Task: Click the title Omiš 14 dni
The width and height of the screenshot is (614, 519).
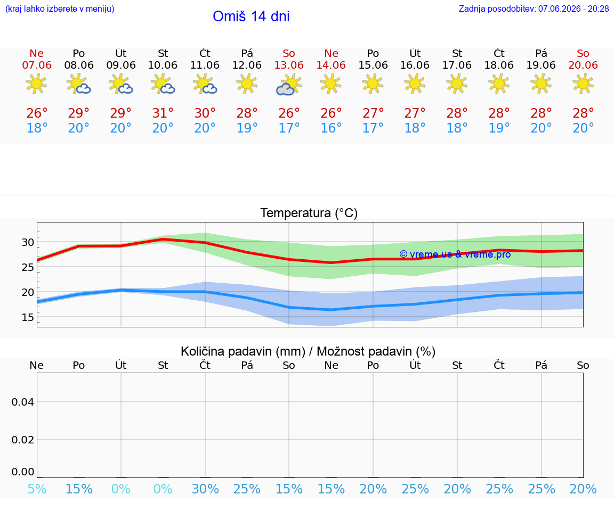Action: pos(251,17)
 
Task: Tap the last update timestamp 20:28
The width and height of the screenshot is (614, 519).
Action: pos(599,9)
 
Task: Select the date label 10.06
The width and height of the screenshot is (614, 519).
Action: pos(163,65)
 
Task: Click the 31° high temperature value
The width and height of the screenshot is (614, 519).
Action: pos(163,113)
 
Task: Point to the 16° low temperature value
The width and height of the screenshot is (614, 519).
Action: pos(332,128)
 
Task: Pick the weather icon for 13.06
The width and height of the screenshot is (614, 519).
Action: pos(289,85)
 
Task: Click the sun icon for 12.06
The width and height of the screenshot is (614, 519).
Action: pos(247,84)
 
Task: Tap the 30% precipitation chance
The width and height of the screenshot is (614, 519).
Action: pos(205,489)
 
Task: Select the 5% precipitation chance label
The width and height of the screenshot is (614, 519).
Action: pos(37,489)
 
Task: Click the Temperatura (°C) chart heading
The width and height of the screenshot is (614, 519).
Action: pos(309,213)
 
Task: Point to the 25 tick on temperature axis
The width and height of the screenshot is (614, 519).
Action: pos(28,267)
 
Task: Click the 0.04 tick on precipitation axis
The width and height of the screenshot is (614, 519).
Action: pos(23,402)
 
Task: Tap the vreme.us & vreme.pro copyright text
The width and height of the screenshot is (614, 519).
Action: pos(455,254)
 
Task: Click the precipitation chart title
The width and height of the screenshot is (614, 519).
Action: pos(308,351)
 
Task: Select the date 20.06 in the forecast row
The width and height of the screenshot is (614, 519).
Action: pos(583,65)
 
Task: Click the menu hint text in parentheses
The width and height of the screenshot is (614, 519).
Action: pos(60,9)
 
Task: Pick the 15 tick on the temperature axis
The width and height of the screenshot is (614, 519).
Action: pos(28,317)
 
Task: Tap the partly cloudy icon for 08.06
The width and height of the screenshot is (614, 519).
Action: pos(79,85)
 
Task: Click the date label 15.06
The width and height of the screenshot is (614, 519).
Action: pos(373,65)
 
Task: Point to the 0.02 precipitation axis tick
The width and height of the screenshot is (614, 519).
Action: pos(23,440)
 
